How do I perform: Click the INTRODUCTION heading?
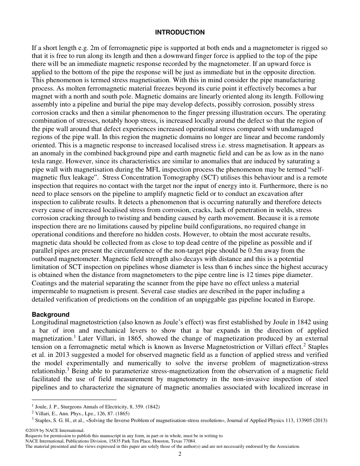pyautogui.click(x=180, y=32)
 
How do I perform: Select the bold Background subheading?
pyautogui.click(x=50, y=314)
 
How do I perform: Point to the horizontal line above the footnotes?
pyautogui.click(x=74, y=399)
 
